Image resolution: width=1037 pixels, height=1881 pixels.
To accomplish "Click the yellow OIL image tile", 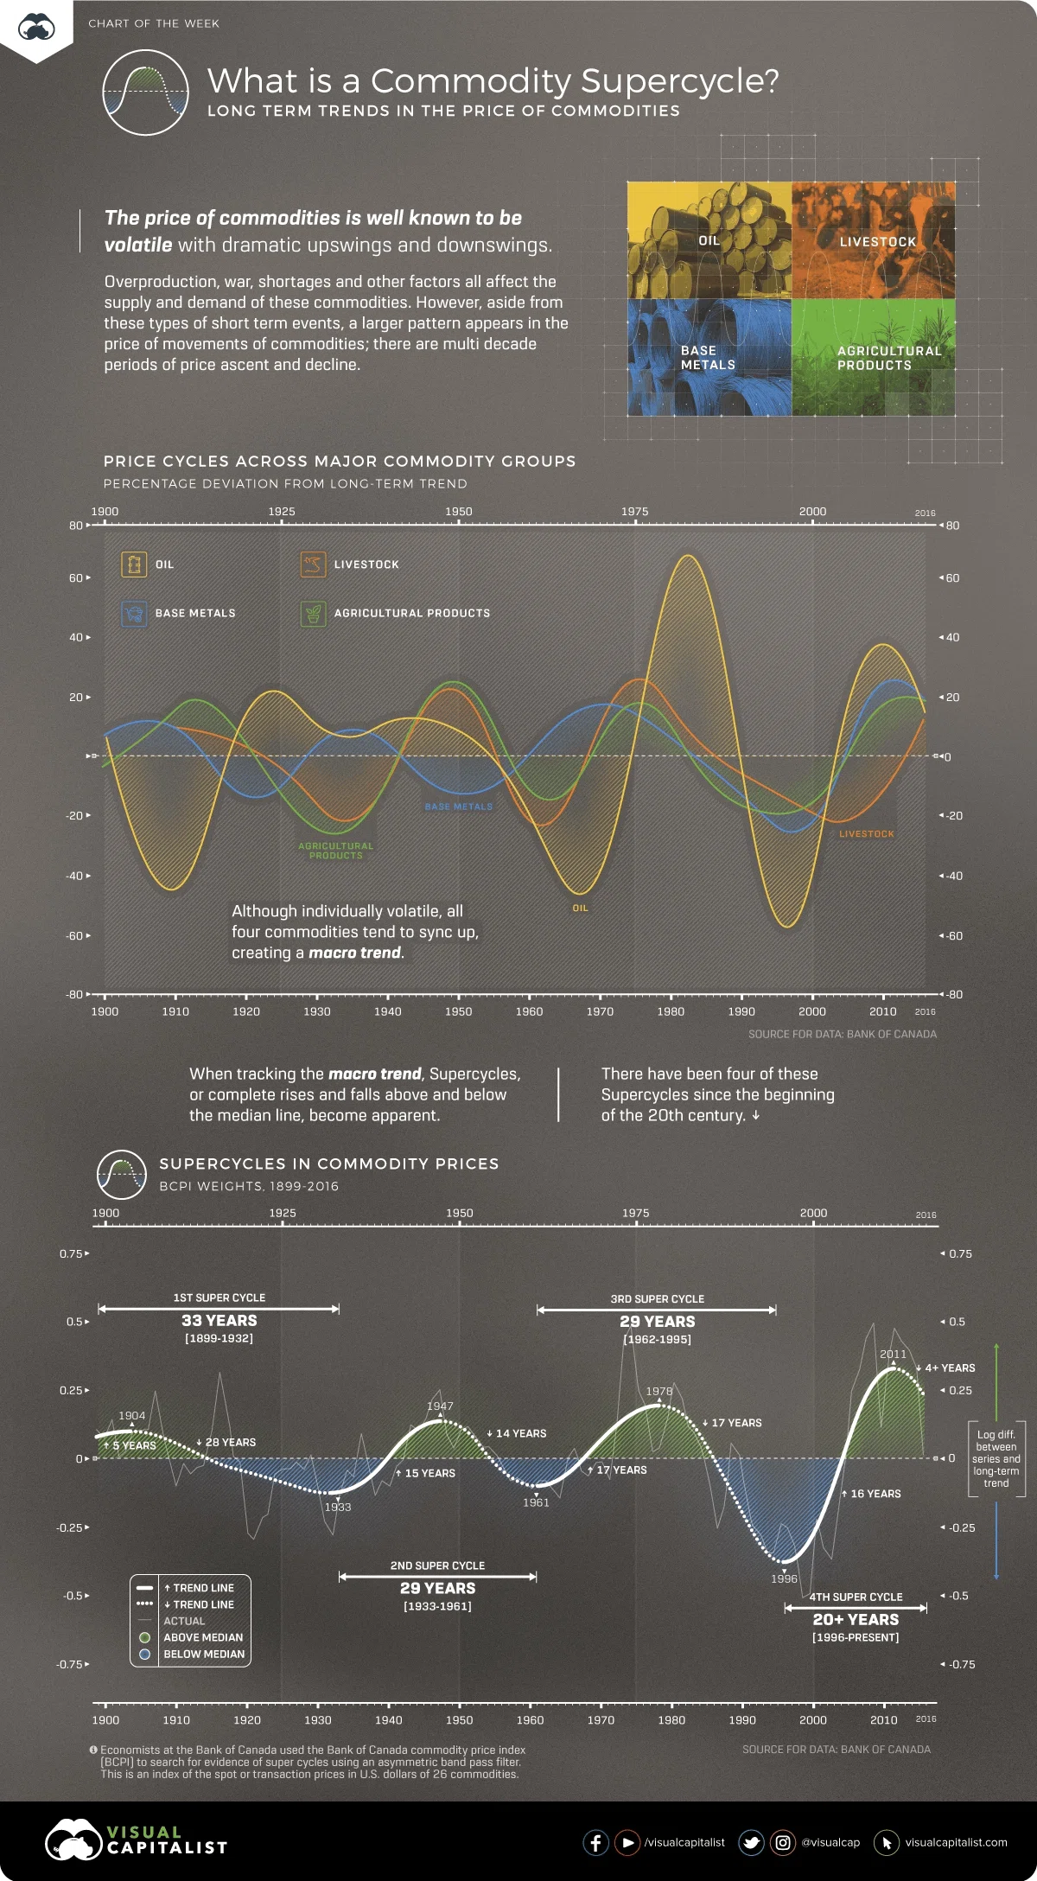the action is (709, 240).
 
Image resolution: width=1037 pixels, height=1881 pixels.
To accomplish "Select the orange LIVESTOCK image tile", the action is (874, 240).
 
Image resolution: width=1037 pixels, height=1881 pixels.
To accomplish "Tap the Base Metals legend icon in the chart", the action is (134, 614).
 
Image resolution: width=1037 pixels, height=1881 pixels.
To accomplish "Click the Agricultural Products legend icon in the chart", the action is (313, 614).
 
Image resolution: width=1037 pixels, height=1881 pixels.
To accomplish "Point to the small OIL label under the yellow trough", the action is (581, 908).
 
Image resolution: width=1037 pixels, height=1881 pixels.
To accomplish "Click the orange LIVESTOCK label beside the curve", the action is (867, 834).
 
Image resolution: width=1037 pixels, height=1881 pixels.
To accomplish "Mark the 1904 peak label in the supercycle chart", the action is (132, 1415).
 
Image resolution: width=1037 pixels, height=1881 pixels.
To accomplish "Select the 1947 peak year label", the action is (440, 1406).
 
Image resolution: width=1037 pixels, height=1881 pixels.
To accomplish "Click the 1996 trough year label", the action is (785, 1578).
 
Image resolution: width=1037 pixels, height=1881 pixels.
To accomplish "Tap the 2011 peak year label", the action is (894, 1355).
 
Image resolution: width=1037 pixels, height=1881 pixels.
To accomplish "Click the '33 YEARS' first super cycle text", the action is (219, 1321).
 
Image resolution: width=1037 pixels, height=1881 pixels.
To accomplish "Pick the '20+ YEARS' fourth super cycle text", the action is (856, 1620).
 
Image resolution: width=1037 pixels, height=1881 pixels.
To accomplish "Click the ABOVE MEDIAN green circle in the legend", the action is (145, 1637).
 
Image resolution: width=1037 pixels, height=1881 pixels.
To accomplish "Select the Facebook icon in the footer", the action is (595, 1842).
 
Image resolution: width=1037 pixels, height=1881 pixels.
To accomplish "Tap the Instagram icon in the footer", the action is (783, 1842).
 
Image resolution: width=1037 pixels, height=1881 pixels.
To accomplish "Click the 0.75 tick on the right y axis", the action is (960, 1253).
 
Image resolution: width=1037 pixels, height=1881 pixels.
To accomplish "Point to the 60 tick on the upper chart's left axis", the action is (75, 577).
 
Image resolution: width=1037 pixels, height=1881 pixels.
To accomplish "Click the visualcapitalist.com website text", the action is (957, 1842).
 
